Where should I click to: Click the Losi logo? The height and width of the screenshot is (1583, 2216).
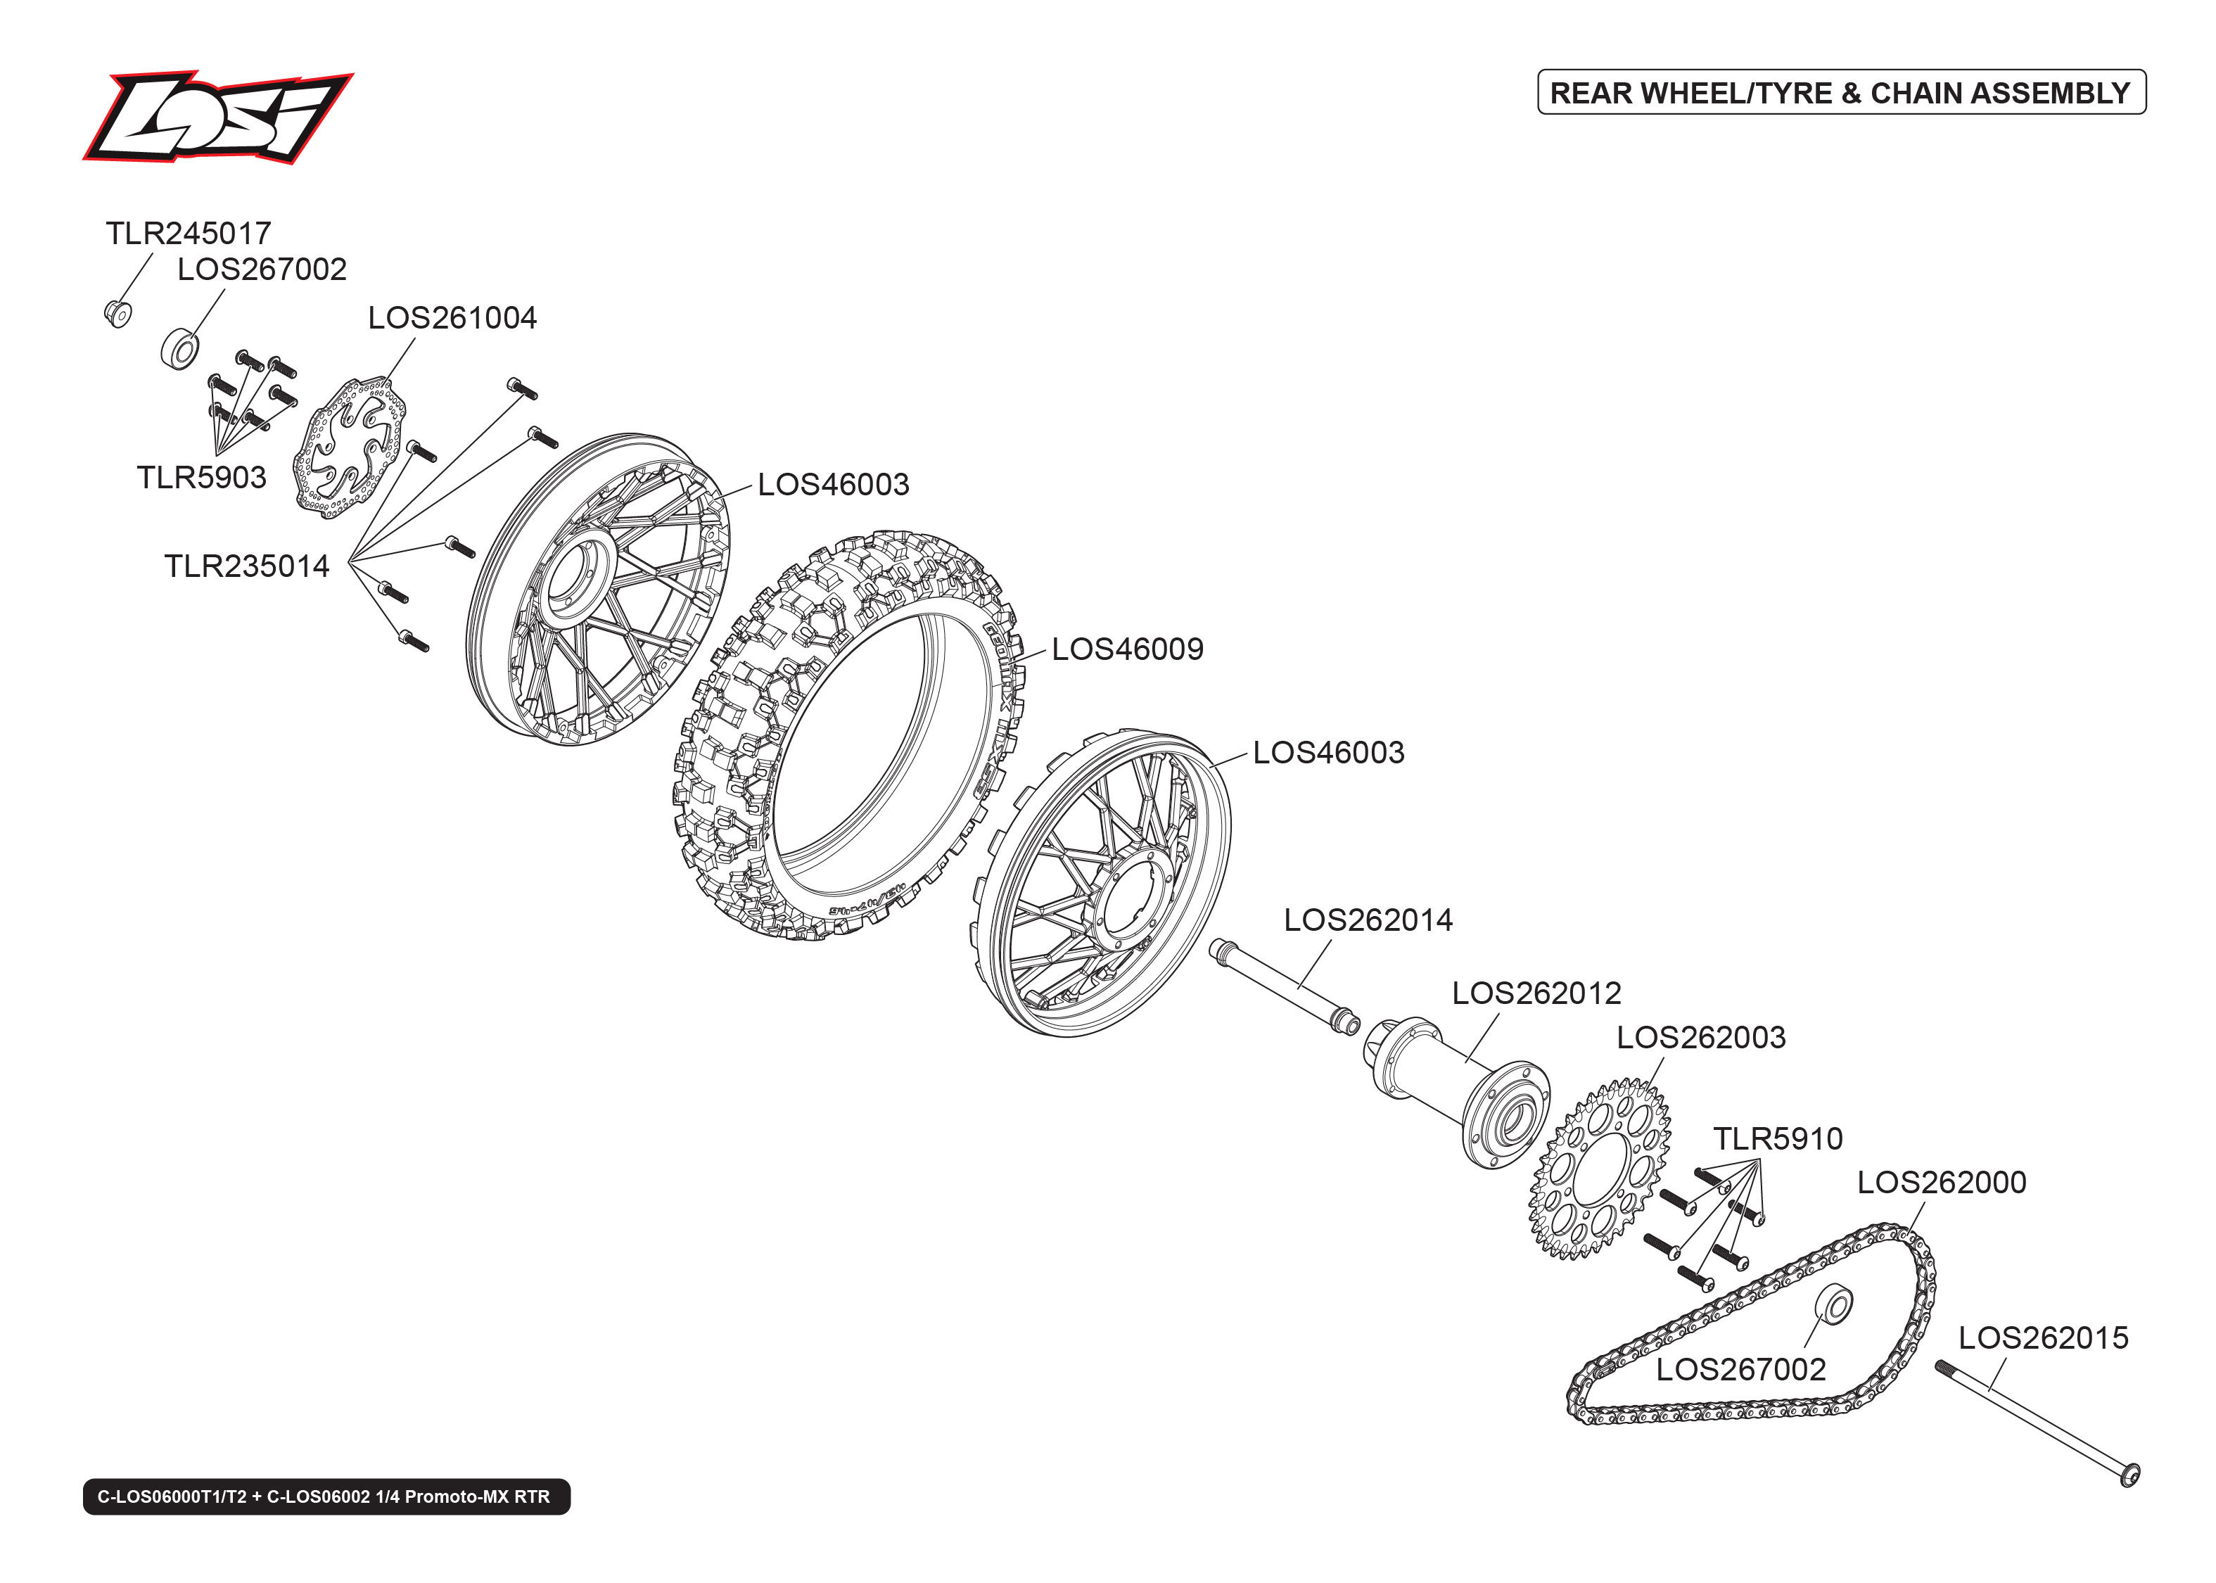217,117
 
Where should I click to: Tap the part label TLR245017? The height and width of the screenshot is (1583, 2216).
188,234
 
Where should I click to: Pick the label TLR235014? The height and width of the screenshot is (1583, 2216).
246,566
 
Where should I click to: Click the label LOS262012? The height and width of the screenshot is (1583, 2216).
1536,993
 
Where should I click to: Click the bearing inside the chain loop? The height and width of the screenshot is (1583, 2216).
1835,1305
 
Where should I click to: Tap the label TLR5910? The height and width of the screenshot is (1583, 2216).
1778,1138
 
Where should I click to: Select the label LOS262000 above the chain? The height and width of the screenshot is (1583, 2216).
1941,1183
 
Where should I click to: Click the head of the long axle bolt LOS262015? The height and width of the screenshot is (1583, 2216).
2129,1476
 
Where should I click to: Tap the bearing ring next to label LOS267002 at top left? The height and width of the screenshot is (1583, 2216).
179,349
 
